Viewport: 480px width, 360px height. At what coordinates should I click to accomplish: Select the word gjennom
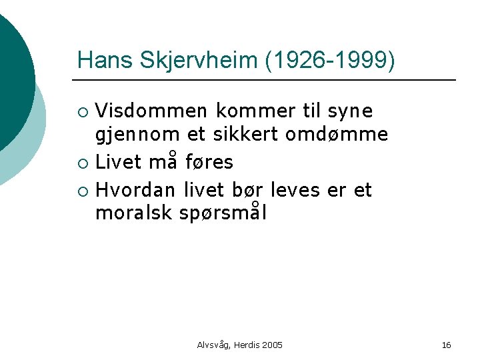137,135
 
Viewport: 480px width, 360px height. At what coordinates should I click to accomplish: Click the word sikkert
245,134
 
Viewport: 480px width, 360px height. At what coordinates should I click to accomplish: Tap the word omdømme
336,134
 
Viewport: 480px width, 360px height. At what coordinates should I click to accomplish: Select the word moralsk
135,213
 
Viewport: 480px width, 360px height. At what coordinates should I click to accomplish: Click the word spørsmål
224,214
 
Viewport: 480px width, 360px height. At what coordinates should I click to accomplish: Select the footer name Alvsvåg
213,345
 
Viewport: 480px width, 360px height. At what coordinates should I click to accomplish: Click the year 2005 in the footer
273,345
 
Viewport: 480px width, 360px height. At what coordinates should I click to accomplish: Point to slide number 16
446,345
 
